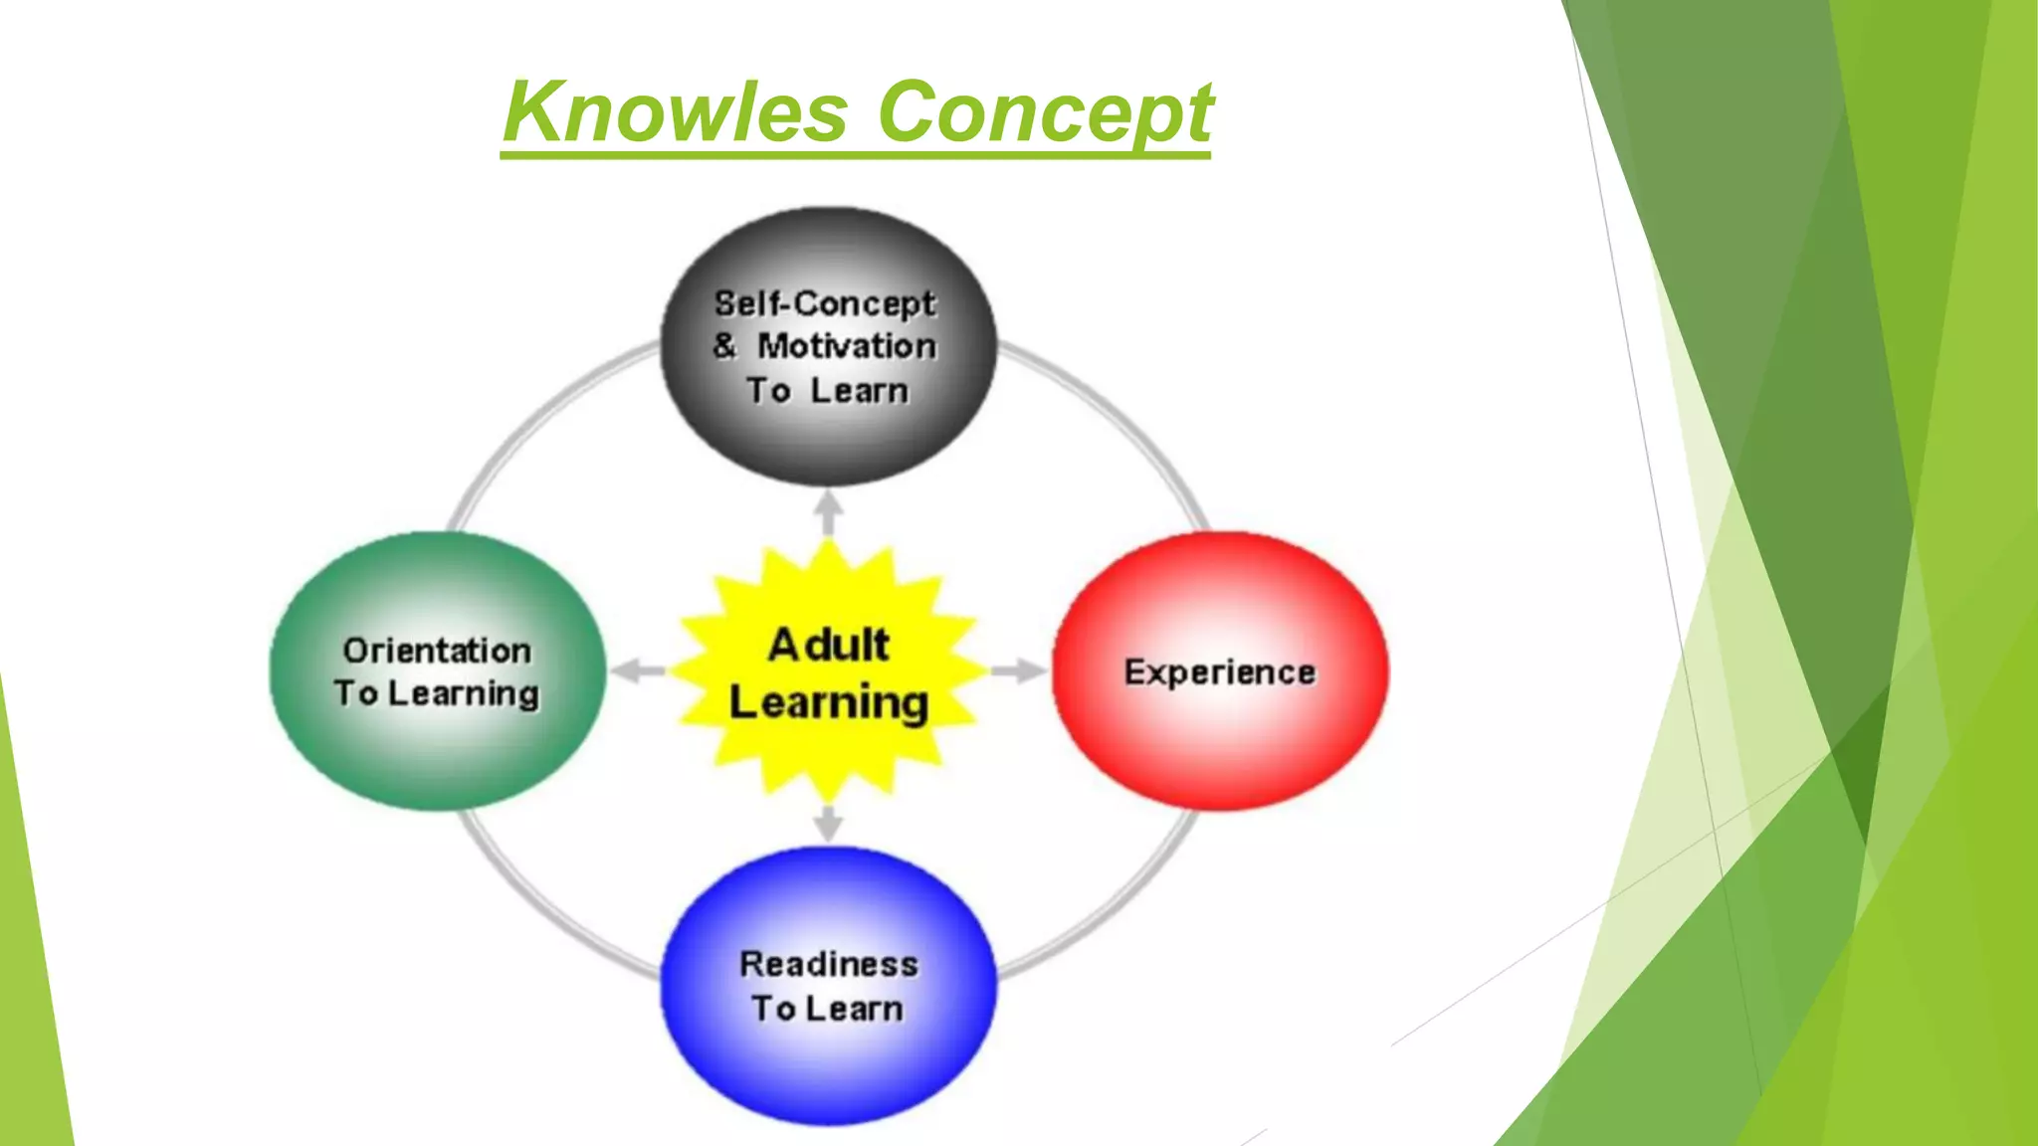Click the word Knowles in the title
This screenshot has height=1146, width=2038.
click(676, 112)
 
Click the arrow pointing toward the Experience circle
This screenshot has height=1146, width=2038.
click(1017, 671)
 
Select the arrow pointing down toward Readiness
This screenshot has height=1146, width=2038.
click(828, 824)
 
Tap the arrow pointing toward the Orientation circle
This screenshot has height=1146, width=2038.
click(637, 671)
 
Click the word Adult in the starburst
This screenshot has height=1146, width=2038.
click(828, 645)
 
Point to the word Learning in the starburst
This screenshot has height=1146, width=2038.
click(828, 703)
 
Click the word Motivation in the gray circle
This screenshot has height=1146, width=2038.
click(847, 346)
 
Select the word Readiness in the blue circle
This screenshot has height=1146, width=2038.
click(828, 964)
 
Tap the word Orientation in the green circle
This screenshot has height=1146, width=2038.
click(437, 651)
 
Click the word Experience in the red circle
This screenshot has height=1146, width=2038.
click(1220, 672)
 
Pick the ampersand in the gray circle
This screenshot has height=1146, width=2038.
click(724, 346)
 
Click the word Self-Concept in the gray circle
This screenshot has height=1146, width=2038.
click(825, 302)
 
